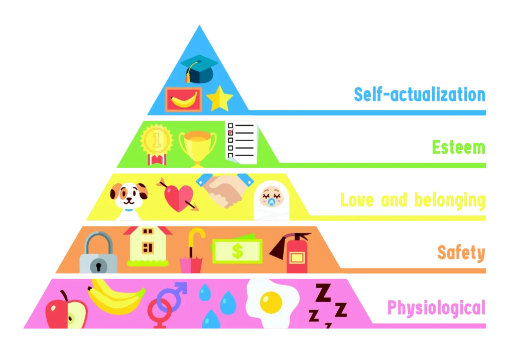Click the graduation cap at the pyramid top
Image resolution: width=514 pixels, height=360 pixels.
coord(200,68)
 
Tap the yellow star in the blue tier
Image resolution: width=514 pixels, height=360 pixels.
coord(220,99)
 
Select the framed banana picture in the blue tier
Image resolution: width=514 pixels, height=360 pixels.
coord(183,99)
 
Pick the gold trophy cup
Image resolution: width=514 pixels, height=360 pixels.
coord(197,146)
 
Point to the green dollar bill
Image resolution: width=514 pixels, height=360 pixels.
coord(237,251)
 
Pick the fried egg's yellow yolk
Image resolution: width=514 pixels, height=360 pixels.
coord(271,302)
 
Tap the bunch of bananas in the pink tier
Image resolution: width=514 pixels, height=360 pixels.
coord(115,297)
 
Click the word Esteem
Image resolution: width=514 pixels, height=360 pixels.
coord(458,148)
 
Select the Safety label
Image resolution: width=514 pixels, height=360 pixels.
coord(461,253)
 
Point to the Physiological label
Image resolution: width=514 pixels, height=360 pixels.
coord(436,307)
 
